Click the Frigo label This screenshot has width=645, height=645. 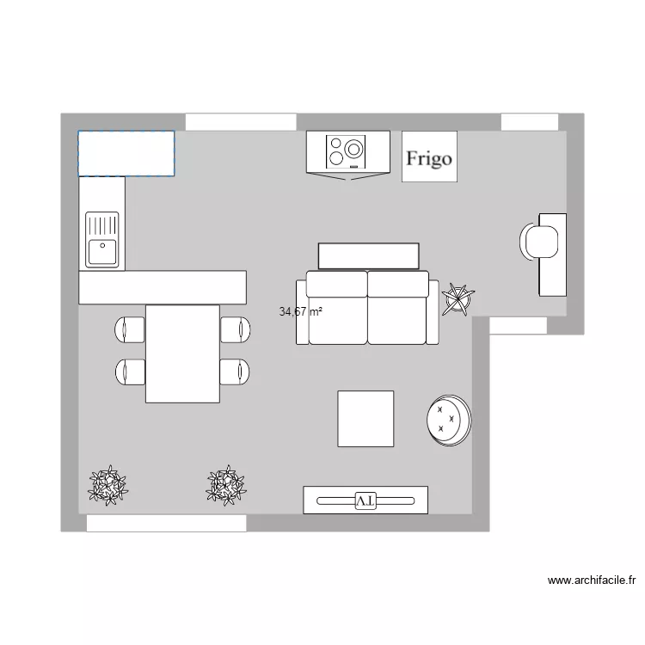pyautogui.click(x=429, y=158)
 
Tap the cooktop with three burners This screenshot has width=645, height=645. pyautogui.click(x=348, y=151)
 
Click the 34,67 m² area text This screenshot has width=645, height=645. pyautogui.click(x=300, y=312)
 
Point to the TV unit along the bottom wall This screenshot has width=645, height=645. pyautogui.click(x=365, y=500)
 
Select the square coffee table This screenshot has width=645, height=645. pyautogui.click(x=365, y=419)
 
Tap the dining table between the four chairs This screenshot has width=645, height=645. pyautogui.click(x=182, y=353)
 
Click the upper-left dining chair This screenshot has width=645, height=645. pyautogui.click(x=131, y=329)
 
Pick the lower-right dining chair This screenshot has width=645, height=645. pyautogui.click(x=235, y=371)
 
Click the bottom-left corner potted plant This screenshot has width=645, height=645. pyautogui.click(x=108, y=485)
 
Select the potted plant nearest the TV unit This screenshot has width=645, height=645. pyautogui.click(x=226, y=485)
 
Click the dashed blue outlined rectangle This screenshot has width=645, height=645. pyautogui.click(x=126, y=153)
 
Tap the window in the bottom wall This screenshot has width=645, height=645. pyautogui.click(x=166, y=523)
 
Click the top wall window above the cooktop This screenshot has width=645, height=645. pyautogui.click(x=241, y=122)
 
